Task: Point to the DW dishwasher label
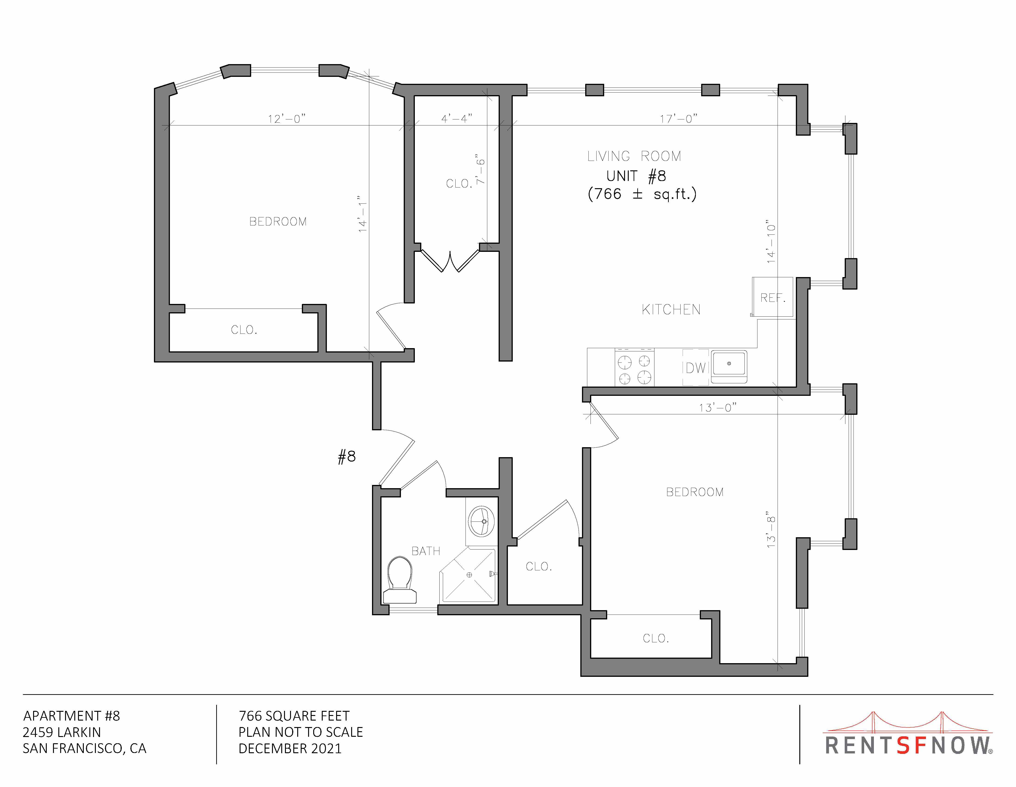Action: click(695, 368)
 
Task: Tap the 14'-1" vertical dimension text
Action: click(362, 214)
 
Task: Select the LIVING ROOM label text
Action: click(634, 156)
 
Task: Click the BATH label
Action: click(426, 551)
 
